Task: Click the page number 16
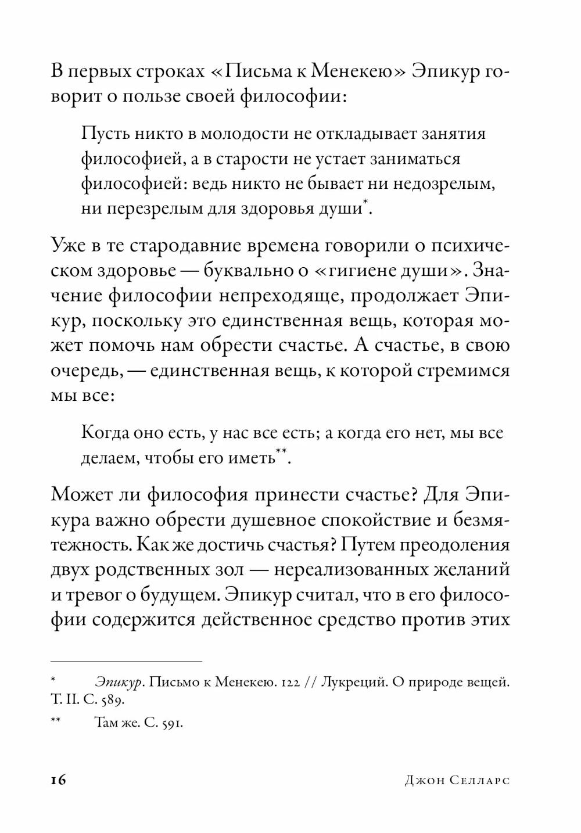[x=59, y=780]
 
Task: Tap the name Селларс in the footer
[x=480, y=780]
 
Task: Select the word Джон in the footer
[x=424, y=780]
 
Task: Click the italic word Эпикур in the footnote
[x=119, y=683]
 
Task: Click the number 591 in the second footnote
[x=173, y=724]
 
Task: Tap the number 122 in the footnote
[x=288, y=683]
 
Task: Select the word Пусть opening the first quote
[x=102, y=134]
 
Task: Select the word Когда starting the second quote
[x=104, y=433]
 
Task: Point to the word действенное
[x=256, y=619]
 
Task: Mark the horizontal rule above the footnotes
[x=126, y=661]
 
